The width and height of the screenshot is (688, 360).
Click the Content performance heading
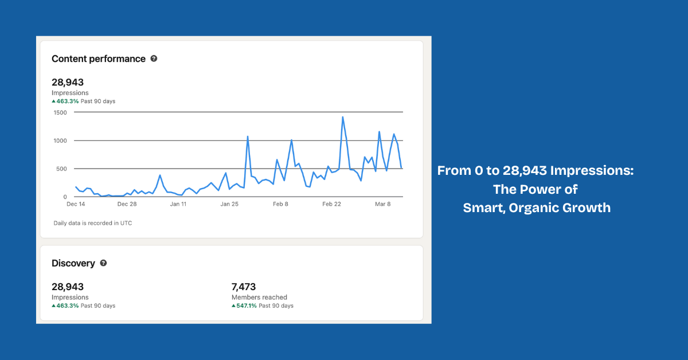[99, 58]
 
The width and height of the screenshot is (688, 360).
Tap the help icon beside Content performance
[154, 58]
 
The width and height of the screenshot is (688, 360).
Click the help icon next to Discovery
[103, 263]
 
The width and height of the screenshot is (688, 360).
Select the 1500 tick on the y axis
[60, 112]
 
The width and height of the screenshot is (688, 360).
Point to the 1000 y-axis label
[60, 140]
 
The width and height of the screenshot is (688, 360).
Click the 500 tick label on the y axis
[62, 169]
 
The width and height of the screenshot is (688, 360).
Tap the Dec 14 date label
[76, 204]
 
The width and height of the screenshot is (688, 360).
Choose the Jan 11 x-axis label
[178, 204]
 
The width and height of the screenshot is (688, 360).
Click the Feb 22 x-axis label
[332, 204]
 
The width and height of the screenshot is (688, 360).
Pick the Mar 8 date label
[384, 204]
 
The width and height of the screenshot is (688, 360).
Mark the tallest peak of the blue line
[343, 117]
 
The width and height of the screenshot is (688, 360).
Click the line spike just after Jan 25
[248, 136]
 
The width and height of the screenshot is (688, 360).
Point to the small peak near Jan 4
[160, 175]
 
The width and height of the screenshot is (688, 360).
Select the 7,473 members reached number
[244, 287]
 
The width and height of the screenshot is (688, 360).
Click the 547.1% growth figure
[247, 306]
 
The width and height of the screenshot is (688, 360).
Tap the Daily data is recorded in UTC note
[92, 223]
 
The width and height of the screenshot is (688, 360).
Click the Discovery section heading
[73, 263]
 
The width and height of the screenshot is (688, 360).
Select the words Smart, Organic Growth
[537, 208]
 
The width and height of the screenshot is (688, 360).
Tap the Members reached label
[259, 298]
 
